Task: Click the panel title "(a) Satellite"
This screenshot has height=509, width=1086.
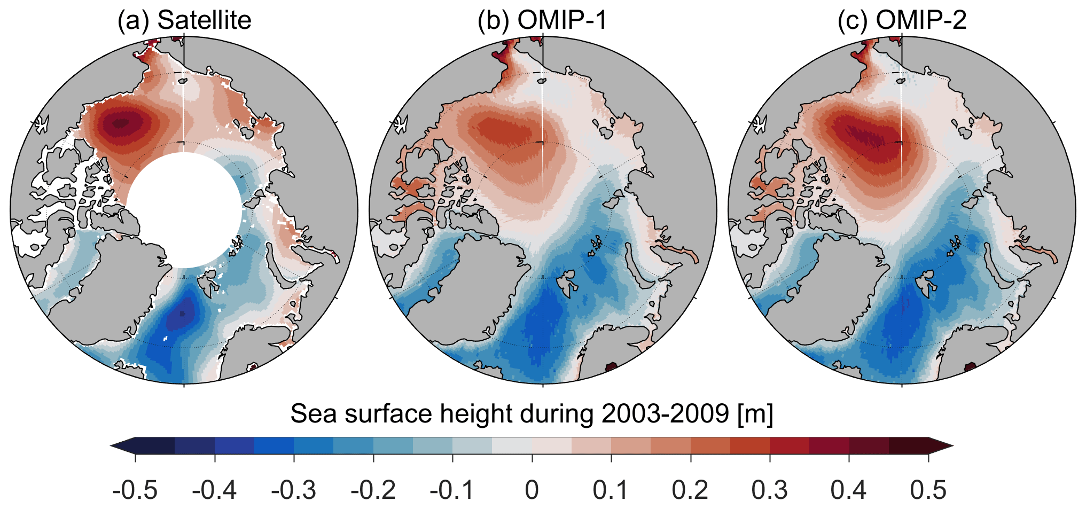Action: (x=184, y=20)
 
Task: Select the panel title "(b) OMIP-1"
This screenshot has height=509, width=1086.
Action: (x=542, y=20)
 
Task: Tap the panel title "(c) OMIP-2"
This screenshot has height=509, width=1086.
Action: (x=902, y=20)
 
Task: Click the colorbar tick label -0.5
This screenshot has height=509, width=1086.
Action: (x=135, y=490)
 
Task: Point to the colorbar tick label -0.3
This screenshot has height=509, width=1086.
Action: (x=294, y=490)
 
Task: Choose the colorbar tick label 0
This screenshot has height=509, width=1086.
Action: (x=532, y=490)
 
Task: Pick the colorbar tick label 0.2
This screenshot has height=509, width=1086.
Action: (x=690, y=490)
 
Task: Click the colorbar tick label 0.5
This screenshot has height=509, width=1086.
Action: (x=928, y=490)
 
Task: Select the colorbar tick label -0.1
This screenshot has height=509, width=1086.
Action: (x=452, y=490)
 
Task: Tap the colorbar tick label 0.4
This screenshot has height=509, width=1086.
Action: (x=849, y=490)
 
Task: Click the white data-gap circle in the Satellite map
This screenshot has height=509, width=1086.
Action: (x=184, y=209)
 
